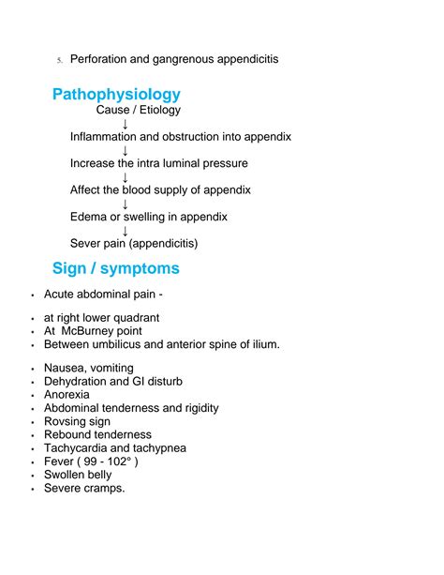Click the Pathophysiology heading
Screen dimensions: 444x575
coord(116,95)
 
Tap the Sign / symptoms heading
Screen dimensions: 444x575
coord(116,269)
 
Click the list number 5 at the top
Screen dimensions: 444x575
coord(58,61)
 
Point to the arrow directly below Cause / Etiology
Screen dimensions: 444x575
coord(126,123)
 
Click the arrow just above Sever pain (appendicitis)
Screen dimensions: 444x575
coord(126,231)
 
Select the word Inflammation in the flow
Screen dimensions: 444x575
coord(106,137)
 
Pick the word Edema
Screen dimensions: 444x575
coord(89,218)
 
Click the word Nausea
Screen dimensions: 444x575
coord(66,368)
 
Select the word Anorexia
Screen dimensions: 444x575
coord(68,395)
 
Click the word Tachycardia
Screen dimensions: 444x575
coord(79,448)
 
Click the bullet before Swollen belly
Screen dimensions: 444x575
coord(33,476)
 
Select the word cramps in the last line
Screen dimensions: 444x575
coord(104,489)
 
